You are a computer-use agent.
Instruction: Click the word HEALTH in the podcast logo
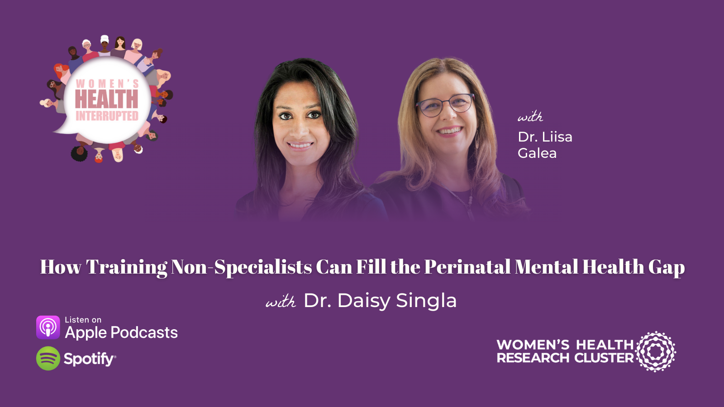106,99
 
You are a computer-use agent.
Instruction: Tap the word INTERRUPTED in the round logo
107,116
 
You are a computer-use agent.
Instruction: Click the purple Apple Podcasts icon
48,327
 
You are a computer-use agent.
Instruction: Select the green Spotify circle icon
48,359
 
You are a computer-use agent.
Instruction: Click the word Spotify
89,359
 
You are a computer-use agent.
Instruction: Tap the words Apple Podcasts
121,333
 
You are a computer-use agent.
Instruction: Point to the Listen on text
83,320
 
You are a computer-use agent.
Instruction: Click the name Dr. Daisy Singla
380,301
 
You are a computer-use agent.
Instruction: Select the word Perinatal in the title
467,267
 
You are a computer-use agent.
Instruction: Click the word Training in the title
127,267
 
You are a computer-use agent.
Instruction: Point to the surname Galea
537,153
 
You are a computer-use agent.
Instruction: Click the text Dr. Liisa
545,137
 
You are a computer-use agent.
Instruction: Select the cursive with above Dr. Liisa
530,117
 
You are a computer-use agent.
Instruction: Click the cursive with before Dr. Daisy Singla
281,302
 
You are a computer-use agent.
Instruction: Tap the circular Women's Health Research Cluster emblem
656,351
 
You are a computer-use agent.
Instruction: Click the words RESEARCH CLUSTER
565,358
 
